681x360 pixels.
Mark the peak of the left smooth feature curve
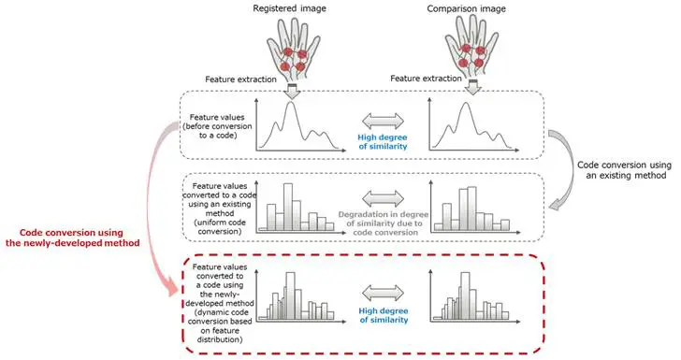coord(293,102)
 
